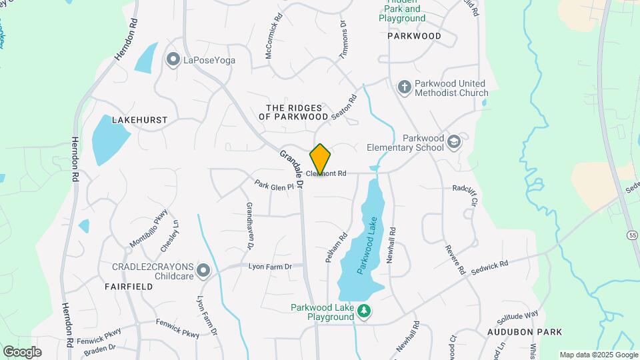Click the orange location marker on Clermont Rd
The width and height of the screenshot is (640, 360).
320,159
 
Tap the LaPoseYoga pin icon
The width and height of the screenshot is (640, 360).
173,60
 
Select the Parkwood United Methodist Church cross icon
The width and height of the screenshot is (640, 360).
403,87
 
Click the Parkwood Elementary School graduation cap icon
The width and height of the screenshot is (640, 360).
454,141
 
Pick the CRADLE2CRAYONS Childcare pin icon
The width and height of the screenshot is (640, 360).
203,271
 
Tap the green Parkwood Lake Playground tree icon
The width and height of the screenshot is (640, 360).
363,311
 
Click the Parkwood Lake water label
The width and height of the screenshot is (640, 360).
367,245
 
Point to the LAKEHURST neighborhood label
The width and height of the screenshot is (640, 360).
139,120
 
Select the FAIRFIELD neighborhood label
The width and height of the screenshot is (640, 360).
129,286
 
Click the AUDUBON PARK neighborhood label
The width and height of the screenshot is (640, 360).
524,331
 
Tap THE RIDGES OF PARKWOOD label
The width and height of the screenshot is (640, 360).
294,112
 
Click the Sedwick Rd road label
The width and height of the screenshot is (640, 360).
489,268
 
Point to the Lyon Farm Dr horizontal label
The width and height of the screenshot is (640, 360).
270,267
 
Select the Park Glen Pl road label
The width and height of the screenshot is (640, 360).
274,185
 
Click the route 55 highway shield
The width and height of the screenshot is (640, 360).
632,235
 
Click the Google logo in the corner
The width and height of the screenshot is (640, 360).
22,351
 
